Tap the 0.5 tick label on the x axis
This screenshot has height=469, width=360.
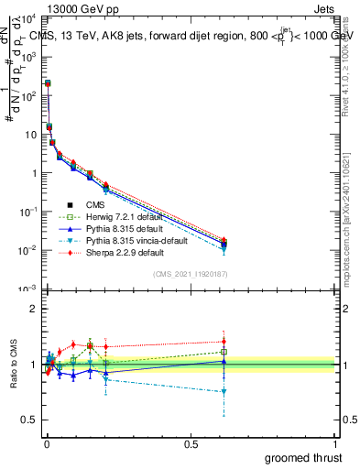[191, 442]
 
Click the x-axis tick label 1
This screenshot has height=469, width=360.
[335, 442]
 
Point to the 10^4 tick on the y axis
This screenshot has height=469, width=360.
[28, 18]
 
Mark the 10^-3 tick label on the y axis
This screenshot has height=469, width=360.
[28, 289]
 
